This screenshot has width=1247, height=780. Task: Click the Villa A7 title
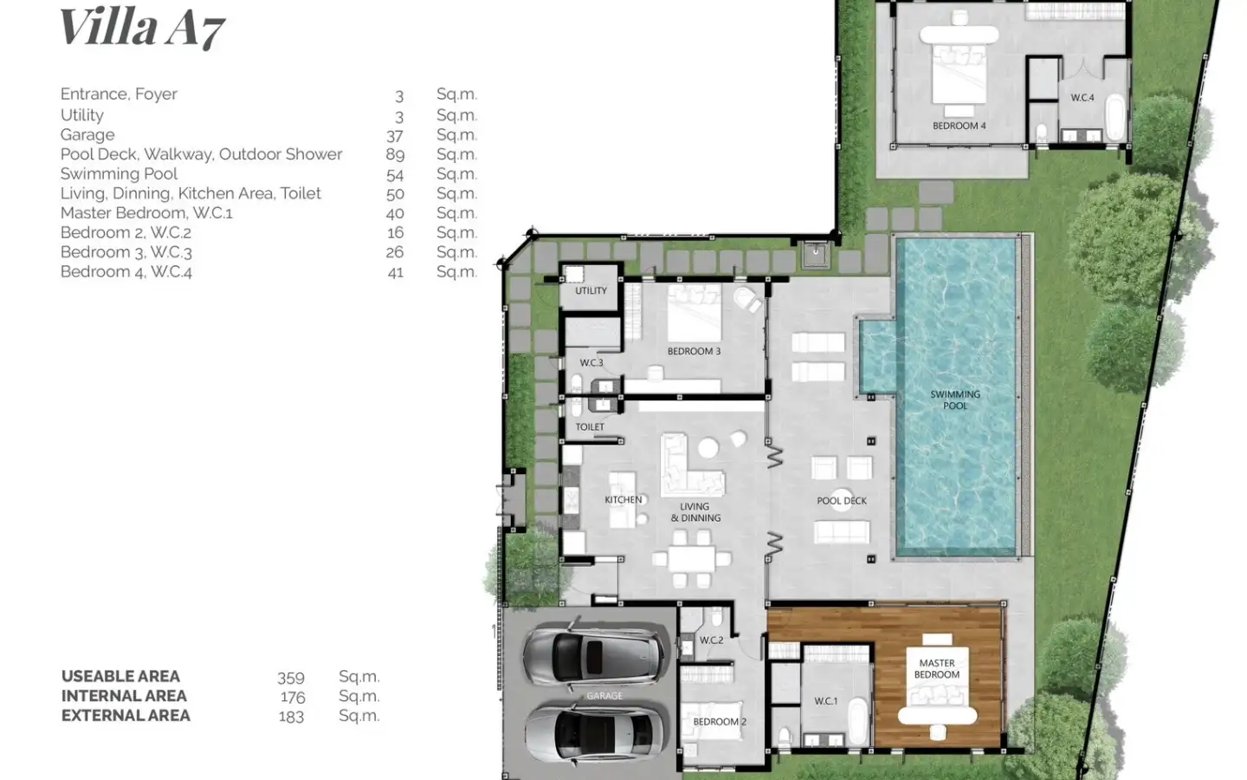[143, 28]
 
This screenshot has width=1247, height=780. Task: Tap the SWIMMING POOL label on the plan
[955, 400]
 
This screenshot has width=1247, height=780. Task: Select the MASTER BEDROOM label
[937, 668]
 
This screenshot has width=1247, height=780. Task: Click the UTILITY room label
[591, 290]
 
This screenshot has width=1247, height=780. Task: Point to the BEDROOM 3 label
[694, 351]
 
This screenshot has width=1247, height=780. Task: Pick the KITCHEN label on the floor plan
[623, 500]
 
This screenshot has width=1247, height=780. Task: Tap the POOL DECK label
[842, 501]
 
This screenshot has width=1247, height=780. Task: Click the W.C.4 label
[1082, 97]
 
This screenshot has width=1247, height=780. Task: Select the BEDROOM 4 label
[959, 126]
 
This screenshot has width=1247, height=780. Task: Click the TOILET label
[590, 426]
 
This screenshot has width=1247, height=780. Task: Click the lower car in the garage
[596, 734]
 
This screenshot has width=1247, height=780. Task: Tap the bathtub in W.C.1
[858, 721]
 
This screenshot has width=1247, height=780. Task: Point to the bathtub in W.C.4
[1115, 118]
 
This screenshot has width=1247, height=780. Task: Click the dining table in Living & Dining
[691, 559]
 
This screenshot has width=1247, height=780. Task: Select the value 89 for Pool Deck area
[395, 154]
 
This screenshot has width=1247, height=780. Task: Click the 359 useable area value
[291, 678]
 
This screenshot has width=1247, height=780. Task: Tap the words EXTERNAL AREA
[126, 715]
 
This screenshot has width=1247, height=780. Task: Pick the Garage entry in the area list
[87, 135]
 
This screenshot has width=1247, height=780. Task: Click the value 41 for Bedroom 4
[395, 272]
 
